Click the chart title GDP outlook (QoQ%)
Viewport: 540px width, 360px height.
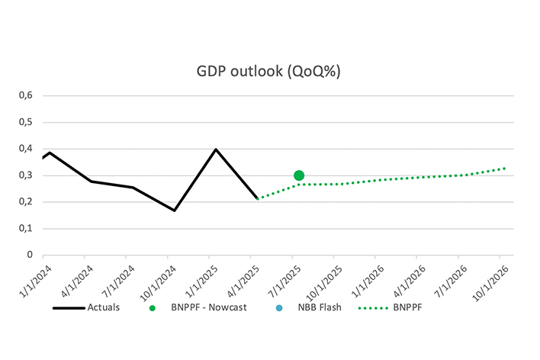coord(268,72)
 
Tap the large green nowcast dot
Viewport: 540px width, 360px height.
coord(299,175)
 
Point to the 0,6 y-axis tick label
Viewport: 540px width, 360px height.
coord(27,95)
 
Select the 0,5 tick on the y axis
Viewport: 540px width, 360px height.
coord(27,122)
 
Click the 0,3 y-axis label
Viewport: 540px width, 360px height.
coord(27,175)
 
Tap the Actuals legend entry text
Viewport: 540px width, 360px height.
coord(103,307)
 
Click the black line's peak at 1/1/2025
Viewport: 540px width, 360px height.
coord(216,149)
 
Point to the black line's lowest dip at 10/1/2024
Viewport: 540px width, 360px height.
coord(175,211)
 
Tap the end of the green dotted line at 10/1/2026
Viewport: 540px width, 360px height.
coord(505,169)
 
